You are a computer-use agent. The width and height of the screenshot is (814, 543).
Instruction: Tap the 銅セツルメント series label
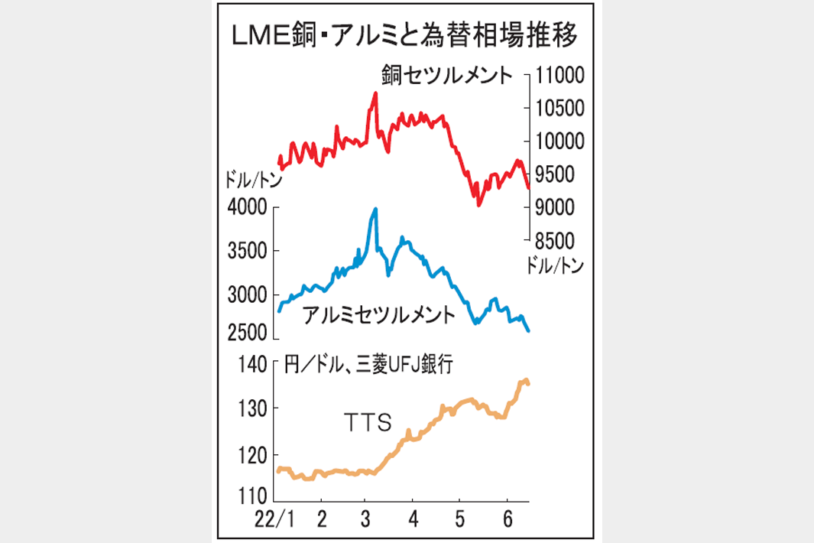pos(446,76)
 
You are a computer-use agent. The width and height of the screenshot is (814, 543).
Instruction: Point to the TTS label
pos(365,421)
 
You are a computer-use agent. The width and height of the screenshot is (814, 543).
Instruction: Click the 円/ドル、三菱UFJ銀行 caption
pos(368,366)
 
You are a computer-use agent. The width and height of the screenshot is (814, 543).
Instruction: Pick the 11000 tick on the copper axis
pos(559,76)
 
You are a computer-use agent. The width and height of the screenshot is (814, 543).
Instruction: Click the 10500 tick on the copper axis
pos(559,109)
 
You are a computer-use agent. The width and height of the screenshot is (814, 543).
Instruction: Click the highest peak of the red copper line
pos(375,93)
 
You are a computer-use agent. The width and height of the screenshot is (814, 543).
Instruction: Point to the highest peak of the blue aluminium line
pos(375,209)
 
